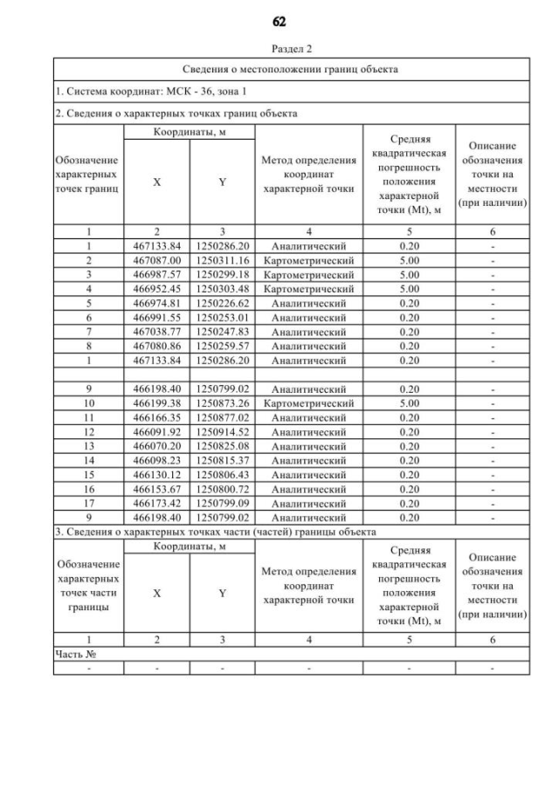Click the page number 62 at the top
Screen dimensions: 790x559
pyautogui.click(x=279, y=22)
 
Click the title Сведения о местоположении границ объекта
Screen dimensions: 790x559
pyautogui.click(x=291, y=69)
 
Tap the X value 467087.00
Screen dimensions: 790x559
pyautogui.click(x=156, y=260)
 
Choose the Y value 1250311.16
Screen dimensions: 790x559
pyautogui.click(x=222, y=260)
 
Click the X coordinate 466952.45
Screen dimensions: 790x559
pyautogui.click(x=156, y=288)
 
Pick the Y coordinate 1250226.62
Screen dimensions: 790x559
pyautogui.click(x=222, y=303)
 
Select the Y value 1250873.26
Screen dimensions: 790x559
pyautogui.click(x=222, y=403)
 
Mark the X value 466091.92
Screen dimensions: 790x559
pyautogui.click(x=156, y=431)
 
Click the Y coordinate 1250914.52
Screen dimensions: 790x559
pyautogui.click(x=222, y=431)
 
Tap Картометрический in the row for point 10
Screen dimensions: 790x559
pyautogui.click(x=308, y=403)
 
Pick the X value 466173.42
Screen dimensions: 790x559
pyautogui.click(x=156, y=503)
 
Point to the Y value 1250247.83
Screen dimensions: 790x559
pyautogui.click(x=222, y=331)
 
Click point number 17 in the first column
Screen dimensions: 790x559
pyautogui.click(x=88, y=503)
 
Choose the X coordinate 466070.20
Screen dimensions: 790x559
pyautogui.click(x=156, y=445)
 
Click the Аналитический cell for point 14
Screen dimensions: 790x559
pyautogui.click(x=308, y=460)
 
